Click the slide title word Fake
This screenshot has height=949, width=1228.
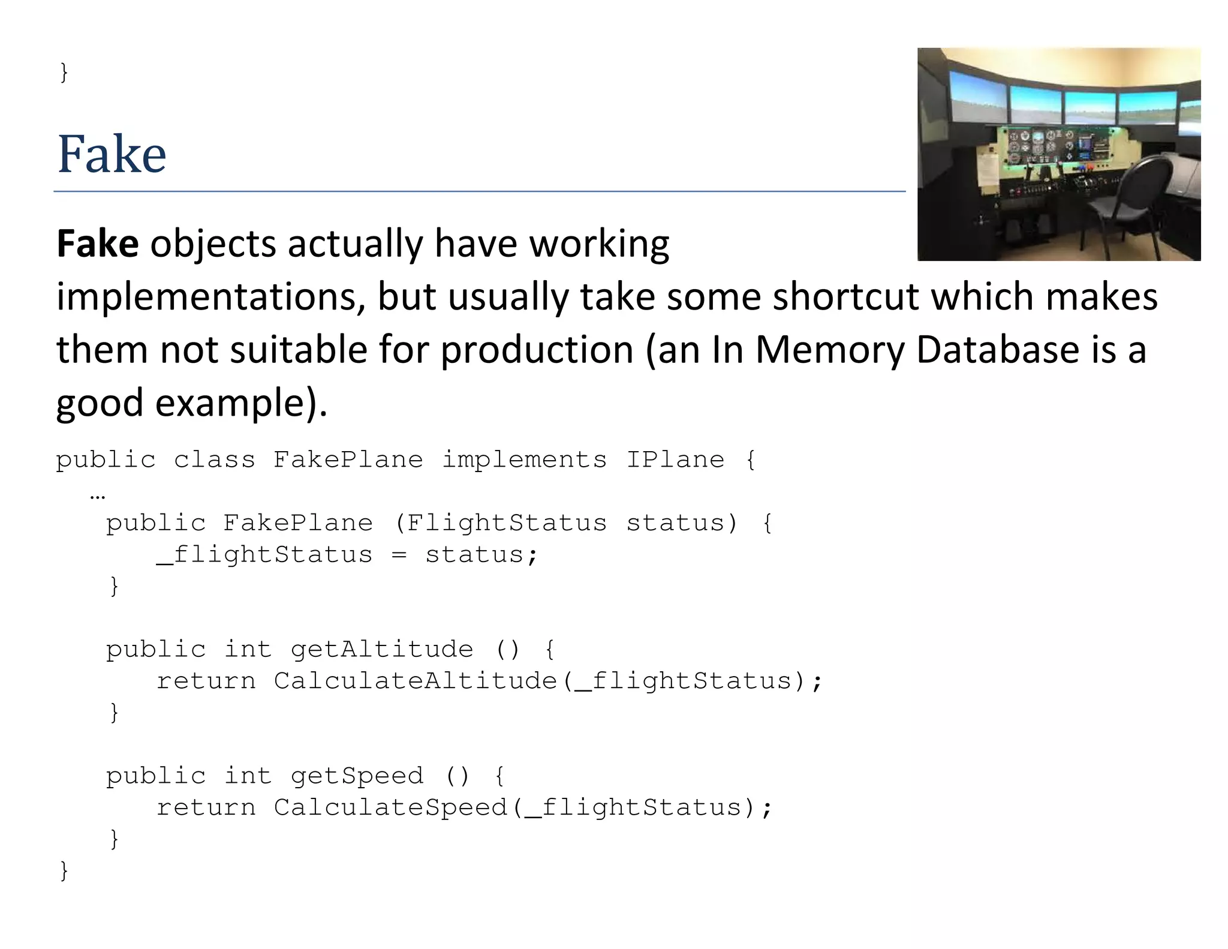(112, 154)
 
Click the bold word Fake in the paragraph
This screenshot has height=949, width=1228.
(98, 244)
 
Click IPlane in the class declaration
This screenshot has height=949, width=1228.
(675, 460)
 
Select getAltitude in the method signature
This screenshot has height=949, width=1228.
(382, 650)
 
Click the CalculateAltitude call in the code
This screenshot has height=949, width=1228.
(416, 681)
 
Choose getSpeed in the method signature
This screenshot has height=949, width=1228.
(357, 776)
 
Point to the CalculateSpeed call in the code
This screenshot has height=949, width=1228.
(390, 808)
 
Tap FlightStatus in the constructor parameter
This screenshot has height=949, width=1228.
(507, 523)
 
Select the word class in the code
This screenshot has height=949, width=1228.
(214, 460)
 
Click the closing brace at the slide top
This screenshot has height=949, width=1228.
(64, 73)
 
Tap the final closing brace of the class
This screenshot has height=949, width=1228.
(64, 870)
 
